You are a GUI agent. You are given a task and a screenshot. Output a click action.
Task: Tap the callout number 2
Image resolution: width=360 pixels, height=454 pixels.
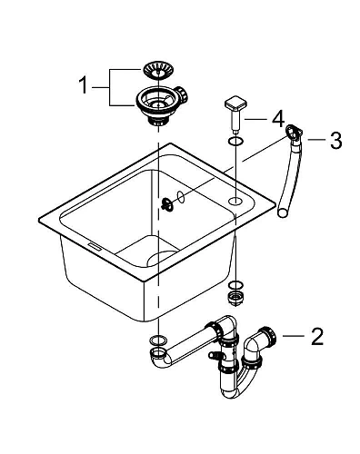316,339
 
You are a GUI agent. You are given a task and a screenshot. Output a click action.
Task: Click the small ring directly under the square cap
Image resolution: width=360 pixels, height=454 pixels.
235,141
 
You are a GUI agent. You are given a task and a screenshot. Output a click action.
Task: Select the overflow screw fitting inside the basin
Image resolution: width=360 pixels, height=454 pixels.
167,203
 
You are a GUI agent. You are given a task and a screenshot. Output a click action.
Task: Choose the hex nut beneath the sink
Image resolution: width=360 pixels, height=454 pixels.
235,298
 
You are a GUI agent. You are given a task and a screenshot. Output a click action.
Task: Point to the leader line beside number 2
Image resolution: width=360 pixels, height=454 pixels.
293,337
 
